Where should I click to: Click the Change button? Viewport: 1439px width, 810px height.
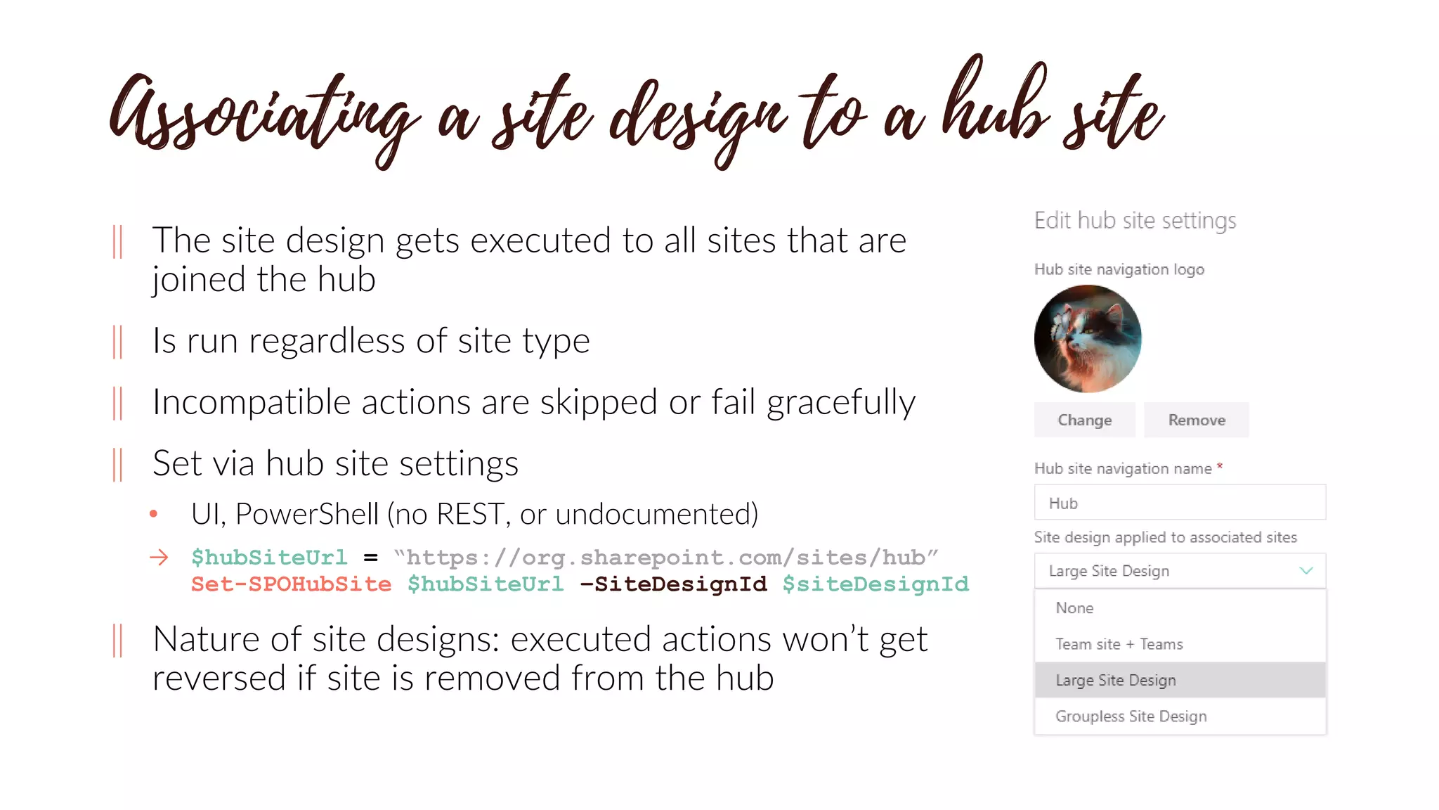pyautogui.click(x=1084, y=420)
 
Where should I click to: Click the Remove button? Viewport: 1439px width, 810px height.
pyautogui.click(x=1196, y=420)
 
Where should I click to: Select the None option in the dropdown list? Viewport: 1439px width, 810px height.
pyautogui.click(x=1074, y=608)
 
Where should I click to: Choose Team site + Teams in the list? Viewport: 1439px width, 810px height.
pyautogui.click(x=1119, y=644)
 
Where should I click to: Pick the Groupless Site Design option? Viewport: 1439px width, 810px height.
pyautogui.click(x=1131, y=716)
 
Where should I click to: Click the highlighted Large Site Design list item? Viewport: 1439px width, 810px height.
pyautogui.click(x=1115, y=680)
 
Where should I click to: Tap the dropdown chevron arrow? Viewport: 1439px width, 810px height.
pyautogui.click(x=1305, y=570)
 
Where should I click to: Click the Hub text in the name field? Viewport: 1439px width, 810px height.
pyautogui.click(x=1063, y=503)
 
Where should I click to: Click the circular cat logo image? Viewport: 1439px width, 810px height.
pyautogui.click(x=1088, y=338)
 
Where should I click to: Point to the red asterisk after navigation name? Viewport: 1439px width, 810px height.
pyautogui.click(x=1220, y=465)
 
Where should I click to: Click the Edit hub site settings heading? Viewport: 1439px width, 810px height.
pyautogui.click(x=1135, y=221)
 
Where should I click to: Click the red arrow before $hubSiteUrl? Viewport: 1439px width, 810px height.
pyautogui.click(x=159, y=558)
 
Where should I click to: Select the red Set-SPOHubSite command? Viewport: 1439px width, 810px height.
pyautogui.click(x=291, y=584)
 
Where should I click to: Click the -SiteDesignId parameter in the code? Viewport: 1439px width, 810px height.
pyautogui.click(x=673, y=584)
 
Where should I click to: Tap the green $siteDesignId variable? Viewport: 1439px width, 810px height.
pyautogui.click(x=875, y=584)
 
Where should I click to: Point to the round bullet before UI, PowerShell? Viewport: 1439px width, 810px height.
pyautogui.click(x=154, y=514)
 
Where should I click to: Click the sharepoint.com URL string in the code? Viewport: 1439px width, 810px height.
pyautogui.click(x=665, y=558)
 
